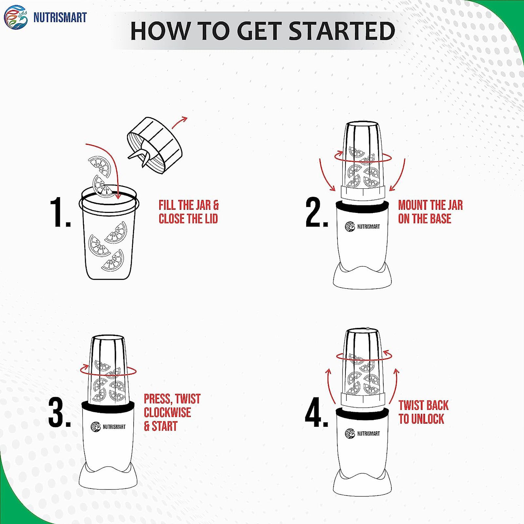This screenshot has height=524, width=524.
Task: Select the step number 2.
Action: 316,212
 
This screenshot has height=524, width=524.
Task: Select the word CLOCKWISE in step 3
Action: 167,412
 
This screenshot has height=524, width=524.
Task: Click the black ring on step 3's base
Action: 108,406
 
